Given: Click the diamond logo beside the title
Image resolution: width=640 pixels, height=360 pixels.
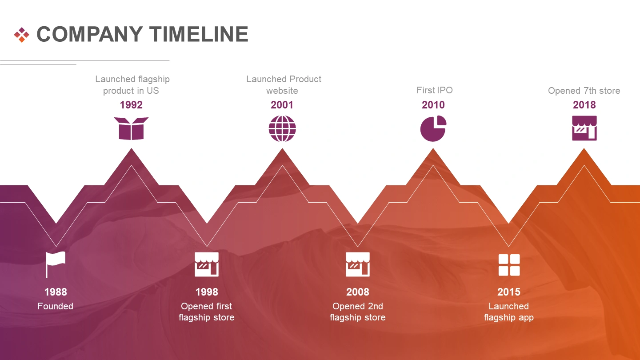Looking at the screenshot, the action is [21, 35].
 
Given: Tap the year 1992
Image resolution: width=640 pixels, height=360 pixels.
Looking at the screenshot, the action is [131, 105].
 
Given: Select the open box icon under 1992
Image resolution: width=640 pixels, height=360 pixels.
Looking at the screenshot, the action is [131, 128].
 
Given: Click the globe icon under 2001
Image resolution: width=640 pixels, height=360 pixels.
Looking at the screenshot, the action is [282, 128].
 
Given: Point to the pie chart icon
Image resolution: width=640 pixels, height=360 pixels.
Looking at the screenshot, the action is [433, 128].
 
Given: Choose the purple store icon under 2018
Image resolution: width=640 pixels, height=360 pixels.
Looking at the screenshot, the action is [584, 128].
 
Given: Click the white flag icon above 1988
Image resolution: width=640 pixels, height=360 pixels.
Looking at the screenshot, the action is [56, 264].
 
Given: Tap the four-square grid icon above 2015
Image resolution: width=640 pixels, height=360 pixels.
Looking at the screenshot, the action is [509, 265].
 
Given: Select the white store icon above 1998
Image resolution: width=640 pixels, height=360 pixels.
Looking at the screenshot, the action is [207, 264].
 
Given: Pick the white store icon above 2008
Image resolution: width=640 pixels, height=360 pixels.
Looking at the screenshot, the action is [358, 264].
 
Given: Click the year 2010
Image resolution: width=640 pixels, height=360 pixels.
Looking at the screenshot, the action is [433, 105].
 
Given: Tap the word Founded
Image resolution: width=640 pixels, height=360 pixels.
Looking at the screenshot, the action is [56, 306].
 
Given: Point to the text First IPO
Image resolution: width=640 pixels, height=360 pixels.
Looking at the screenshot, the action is [435, 90].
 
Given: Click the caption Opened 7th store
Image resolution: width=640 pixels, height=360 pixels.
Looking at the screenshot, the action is [584, 91].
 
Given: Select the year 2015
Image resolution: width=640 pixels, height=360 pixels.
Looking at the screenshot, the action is [509, 292].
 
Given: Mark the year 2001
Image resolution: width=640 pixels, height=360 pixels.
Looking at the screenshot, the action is [282, 105].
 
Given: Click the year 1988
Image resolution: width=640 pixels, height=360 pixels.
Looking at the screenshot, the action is [56, 292].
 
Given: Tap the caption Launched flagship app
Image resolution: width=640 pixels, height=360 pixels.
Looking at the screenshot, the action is [509, 312].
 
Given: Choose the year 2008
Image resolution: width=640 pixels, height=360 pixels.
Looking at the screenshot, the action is [358, 292].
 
